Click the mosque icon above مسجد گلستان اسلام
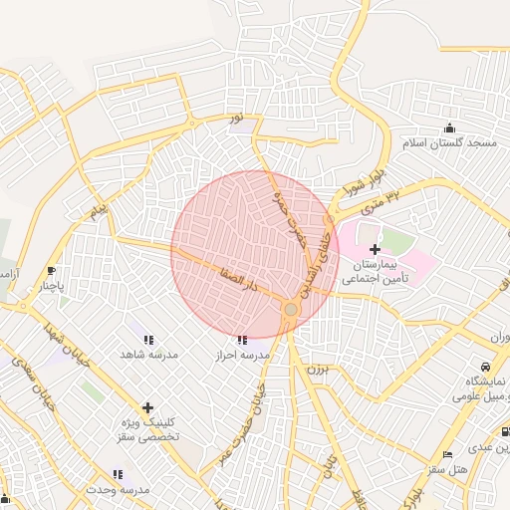point(449,127)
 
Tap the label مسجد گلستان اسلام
point(449,143)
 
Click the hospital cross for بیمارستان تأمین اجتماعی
point(375,249)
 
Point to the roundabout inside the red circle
point(290,310)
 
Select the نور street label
point(236,120)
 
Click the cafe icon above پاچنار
point(52,270)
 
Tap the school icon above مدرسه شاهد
point(148,340)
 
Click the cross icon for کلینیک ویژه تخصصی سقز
point(147,407)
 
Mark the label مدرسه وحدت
point(117,490)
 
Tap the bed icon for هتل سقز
point(447,454)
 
